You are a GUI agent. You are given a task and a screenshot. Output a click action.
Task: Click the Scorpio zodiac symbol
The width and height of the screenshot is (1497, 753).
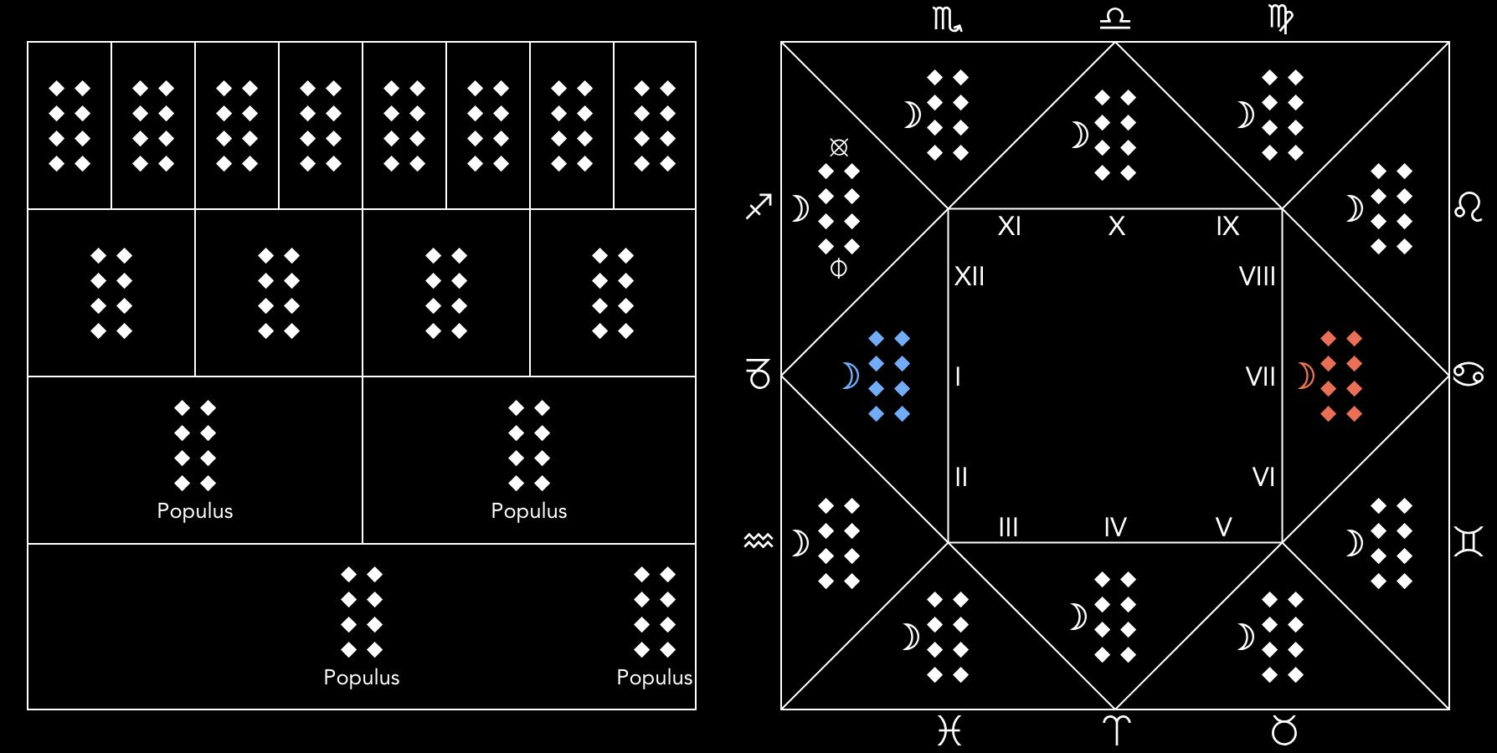coord(947,19)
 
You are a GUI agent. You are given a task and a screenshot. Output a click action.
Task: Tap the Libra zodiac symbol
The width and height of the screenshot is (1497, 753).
coord(1115,19)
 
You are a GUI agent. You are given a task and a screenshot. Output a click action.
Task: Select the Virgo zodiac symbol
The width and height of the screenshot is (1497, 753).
coord(1281,19)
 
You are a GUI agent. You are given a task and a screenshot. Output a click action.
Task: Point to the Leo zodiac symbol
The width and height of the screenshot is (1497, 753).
coord(1469,207)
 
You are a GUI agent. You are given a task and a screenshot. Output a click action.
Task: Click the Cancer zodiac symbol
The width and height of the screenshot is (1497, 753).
coord(1469,374)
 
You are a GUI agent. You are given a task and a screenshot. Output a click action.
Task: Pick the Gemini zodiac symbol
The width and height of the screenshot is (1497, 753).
coord(1469,541)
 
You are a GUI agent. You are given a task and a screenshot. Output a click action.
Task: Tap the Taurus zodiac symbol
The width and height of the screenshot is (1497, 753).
coord(1284,730)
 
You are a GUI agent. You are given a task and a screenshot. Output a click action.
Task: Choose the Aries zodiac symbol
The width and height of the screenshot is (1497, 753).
coord(1116,730)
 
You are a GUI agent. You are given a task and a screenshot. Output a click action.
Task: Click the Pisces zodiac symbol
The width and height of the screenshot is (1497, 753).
coord(949,731)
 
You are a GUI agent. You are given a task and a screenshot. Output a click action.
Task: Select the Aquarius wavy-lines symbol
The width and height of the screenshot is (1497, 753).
coord(759,540)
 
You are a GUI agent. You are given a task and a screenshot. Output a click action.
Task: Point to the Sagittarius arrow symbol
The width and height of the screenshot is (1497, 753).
coord(759,207)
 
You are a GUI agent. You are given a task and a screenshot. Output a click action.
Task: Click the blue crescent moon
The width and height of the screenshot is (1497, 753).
coord(851,376)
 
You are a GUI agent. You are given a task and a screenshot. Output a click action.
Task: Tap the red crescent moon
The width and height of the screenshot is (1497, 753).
coord(1305,376)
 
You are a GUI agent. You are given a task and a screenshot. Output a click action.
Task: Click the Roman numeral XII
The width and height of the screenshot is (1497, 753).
coord(970,276)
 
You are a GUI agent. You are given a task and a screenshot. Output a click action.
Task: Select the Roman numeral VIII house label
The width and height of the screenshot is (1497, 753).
coord(1257,276)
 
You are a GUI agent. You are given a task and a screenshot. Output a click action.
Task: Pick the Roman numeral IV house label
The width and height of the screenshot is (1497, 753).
coord(1115,527)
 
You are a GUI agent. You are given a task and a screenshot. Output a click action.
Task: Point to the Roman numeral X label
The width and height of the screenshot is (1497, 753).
coord(1116,226)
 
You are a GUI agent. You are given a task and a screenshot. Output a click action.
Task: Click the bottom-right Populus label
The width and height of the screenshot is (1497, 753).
coord(654,678)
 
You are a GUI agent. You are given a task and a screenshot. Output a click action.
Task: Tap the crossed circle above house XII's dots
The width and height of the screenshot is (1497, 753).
coord(839,147)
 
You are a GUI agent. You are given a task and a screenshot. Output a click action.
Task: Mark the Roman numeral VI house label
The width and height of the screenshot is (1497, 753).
coord(1263,477)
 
